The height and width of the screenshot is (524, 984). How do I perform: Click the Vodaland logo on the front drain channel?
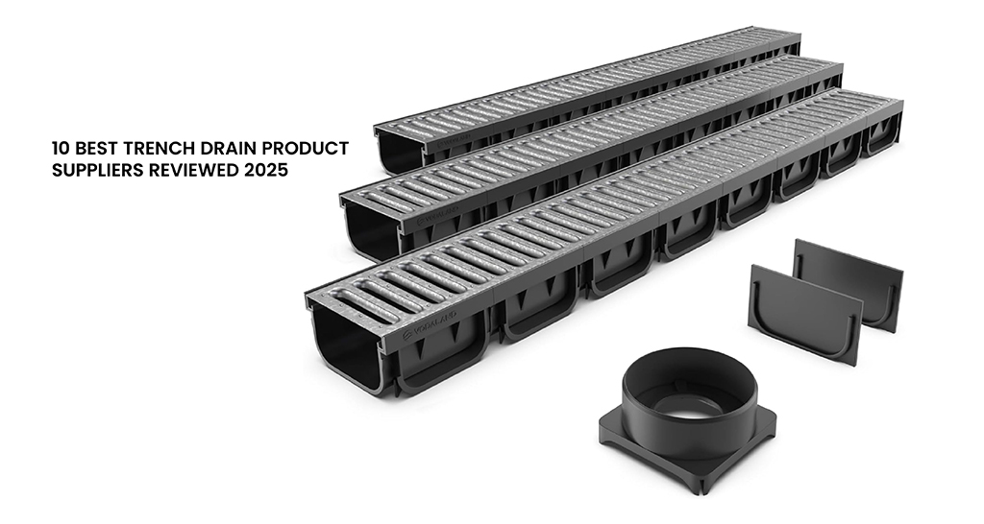(430, 323)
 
